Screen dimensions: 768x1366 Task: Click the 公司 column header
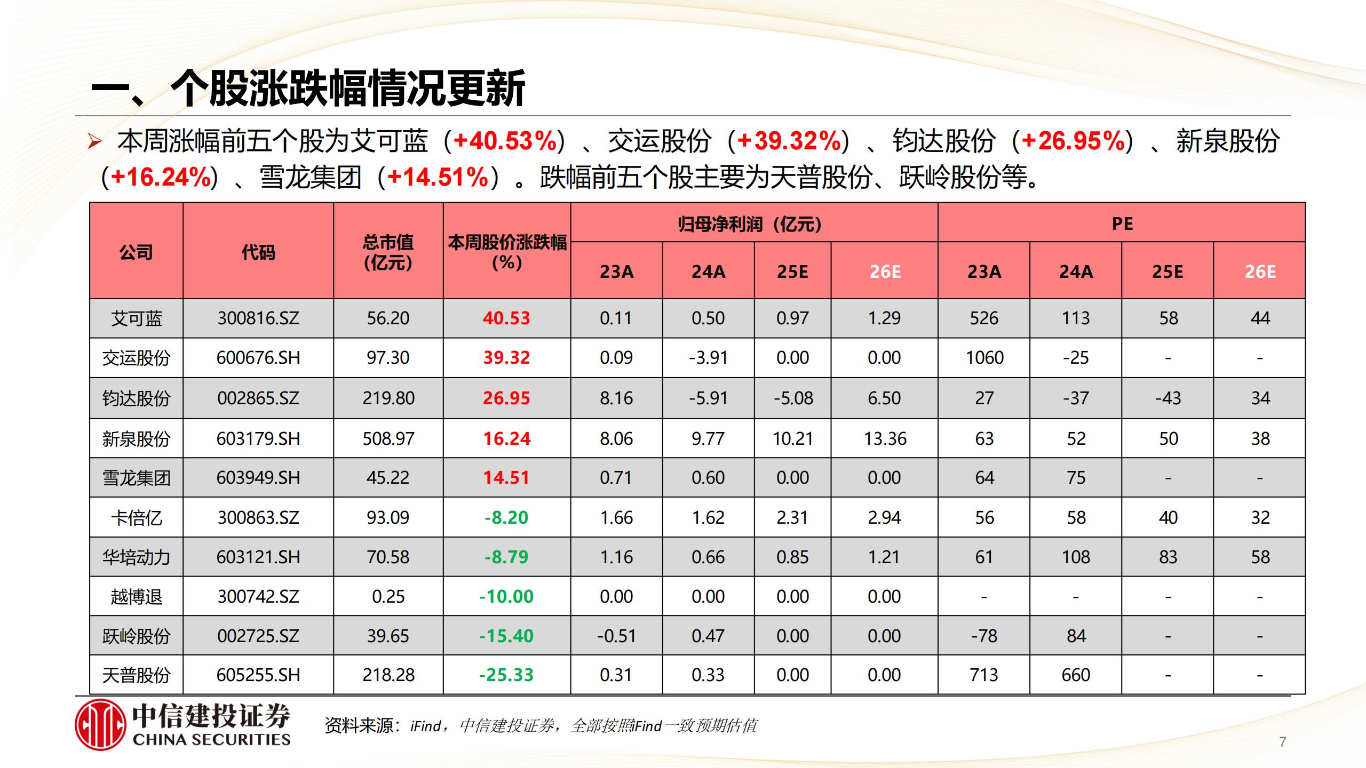click(x=136, y=252)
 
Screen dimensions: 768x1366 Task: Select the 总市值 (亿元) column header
click(x=388, y=252)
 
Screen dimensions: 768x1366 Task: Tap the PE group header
click(x=1122, y=223)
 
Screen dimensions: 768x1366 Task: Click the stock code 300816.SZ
click(x=258, y=318)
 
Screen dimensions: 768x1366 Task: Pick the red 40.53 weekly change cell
click(x=506, y=318)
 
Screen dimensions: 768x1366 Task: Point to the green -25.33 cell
click(x=506, y=675)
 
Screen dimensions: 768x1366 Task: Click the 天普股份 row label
click(x=136, y=675)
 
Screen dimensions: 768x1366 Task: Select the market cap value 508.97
click(x=388, y=439)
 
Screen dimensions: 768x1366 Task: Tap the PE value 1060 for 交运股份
click(x=984, y=358)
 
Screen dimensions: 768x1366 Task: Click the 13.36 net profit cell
click(x=885, y=439)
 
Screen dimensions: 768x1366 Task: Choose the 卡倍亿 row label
click(x=136, y=518)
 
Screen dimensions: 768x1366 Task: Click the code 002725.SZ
click(x=258, y=636)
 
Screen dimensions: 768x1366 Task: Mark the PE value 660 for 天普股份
click(x=1076, y=675)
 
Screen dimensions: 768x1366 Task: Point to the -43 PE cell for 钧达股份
click(x=1168, y=398)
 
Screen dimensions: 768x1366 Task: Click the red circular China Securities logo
click(x=100, y=725)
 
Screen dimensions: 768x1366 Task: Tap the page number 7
click(x=1282, y=742)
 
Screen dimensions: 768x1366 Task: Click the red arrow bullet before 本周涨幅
click(x=95, y=141)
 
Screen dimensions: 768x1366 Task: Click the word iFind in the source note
click(x=425, y=726)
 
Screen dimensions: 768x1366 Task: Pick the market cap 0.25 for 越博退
click(x=388, y=597)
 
